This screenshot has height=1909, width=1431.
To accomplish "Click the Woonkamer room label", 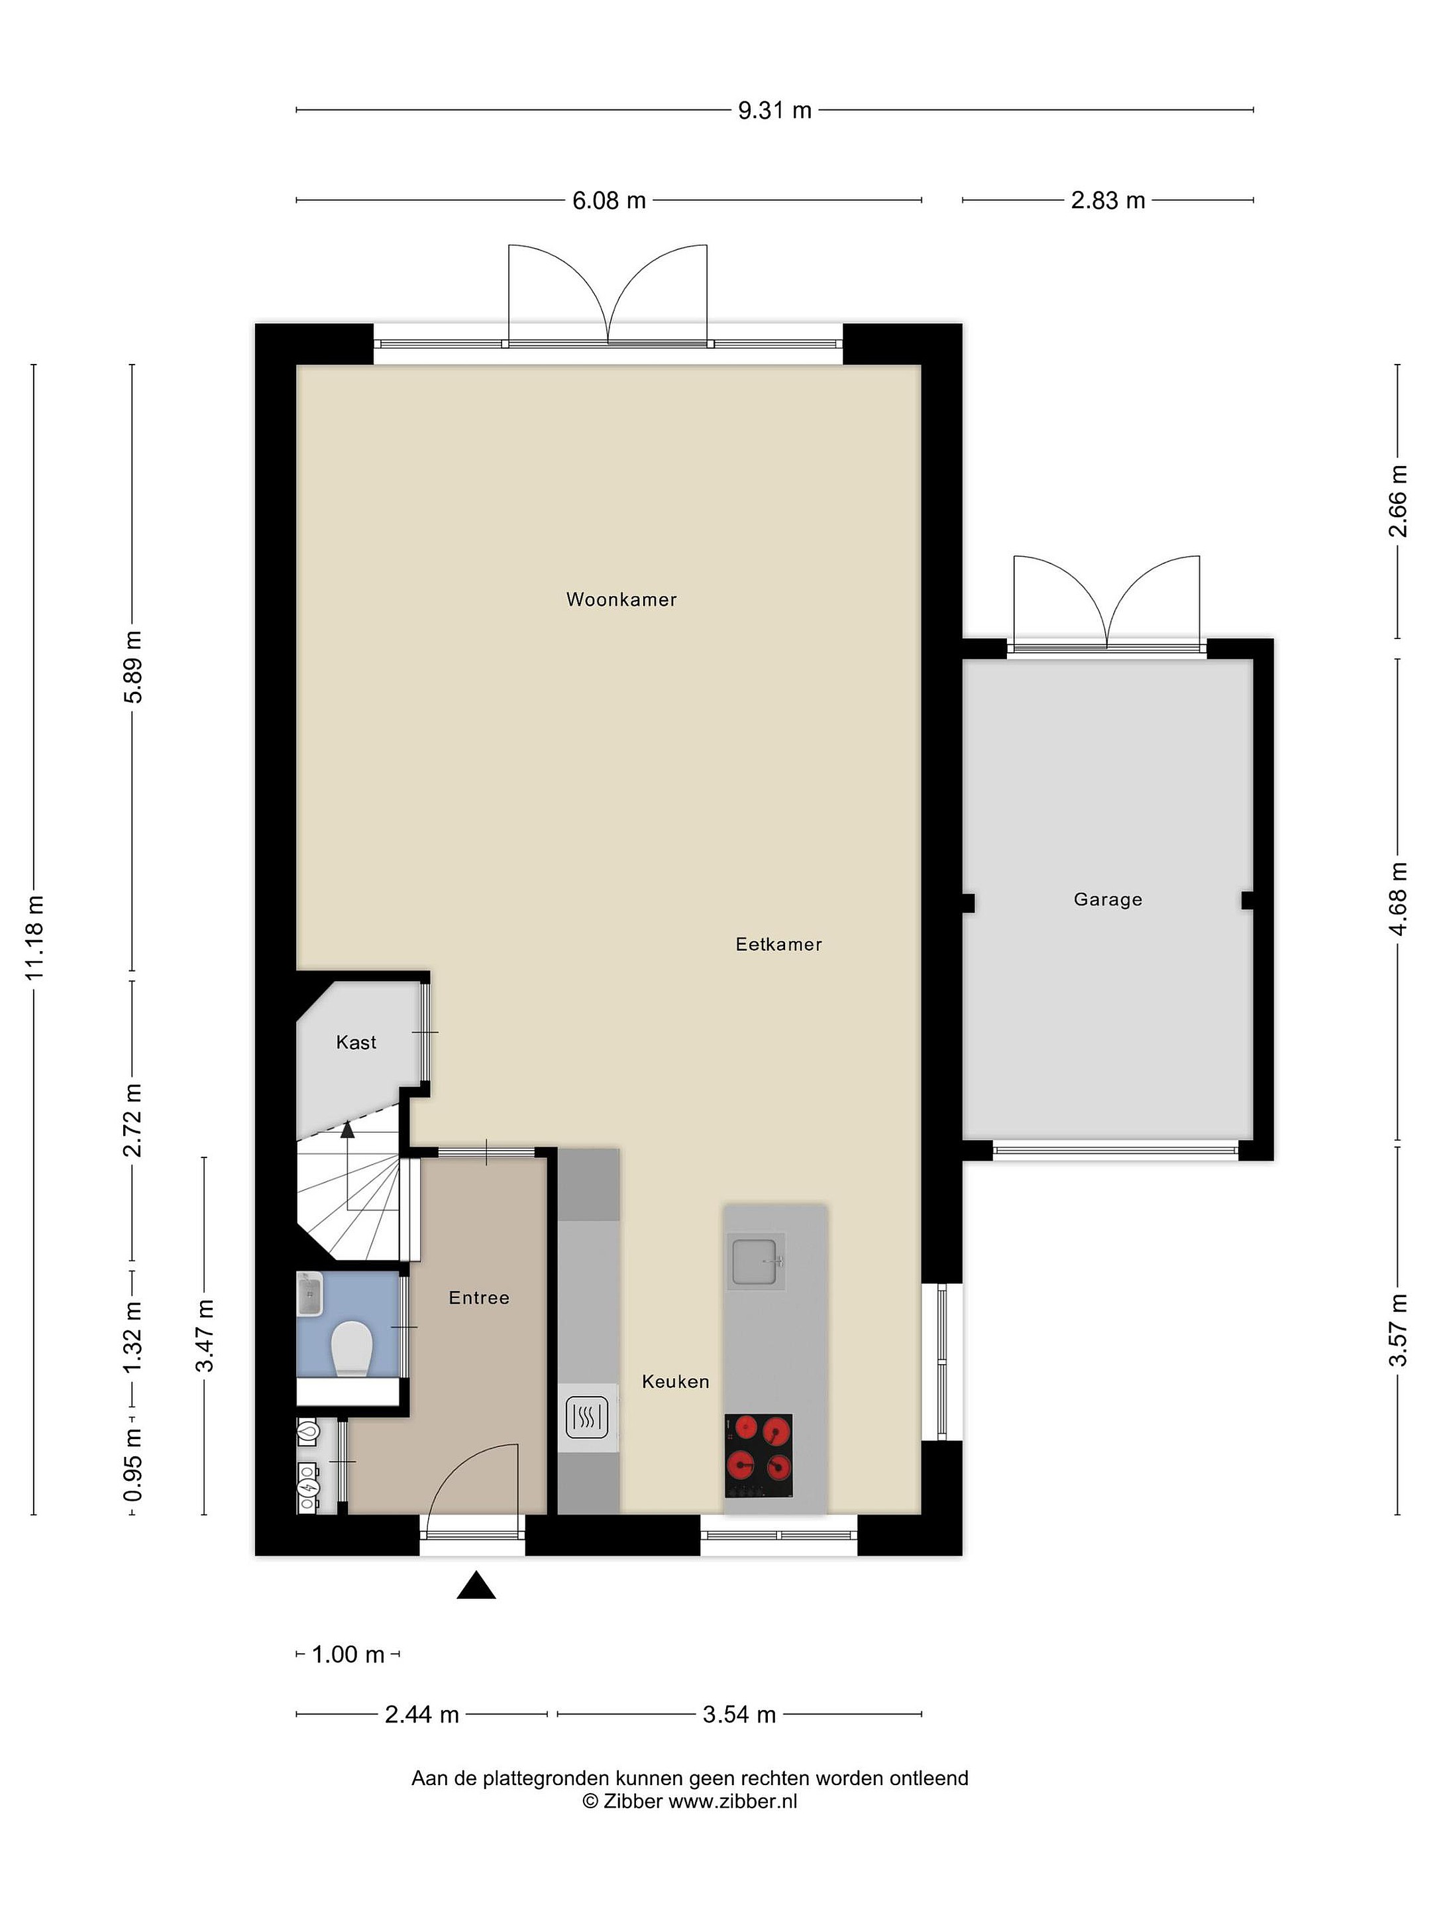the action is pyautogui.click(x=621, y=600).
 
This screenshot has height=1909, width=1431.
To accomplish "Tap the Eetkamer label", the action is pyautogui.click(x=778, y=944).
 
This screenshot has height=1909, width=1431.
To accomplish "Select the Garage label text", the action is pyautogui.click(x=1108, y=899).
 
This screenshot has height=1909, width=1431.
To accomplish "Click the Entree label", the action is pyautogui.click(x=479, y=1298).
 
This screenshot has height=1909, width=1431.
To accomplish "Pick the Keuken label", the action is pyautogui.click(x=675, y=1381).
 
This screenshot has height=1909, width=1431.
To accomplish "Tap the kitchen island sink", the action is pyautogui.click(x=757, y=1263).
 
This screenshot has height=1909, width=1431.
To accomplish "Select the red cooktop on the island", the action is pyautogui.click(x=758, y=1456).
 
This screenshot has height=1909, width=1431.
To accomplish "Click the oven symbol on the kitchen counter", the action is pyautogui.click(x=588, y=1417).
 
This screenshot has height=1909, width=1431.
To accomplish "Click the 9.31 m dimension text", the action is pyautogui.click(x=774, y=111).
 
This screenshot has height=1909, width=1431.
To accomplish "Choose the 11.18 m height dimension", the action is pyautogui.click(x=34, y=937).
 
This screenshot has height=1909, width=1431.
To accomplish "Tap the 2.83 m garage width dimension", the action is pyautogui.click(x=1108, y=201).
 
